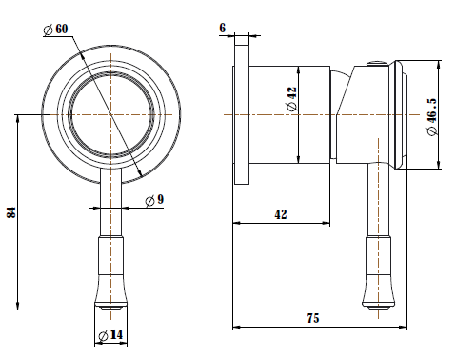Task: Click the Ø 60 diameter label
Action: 55,30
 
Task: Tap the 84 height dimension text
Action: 10,212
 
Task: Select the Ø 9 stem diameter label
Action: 154,200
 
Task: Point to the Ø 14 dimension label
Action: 110,335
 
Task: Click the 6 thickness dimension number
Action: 223,28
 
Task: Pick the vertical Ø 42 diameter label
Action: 292,99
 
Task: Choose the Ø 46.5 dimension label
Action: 432,116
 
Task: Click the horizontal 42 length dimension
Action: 281,214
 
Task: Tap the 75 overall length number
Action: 313,318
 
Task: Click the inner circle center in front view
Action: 110,114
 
